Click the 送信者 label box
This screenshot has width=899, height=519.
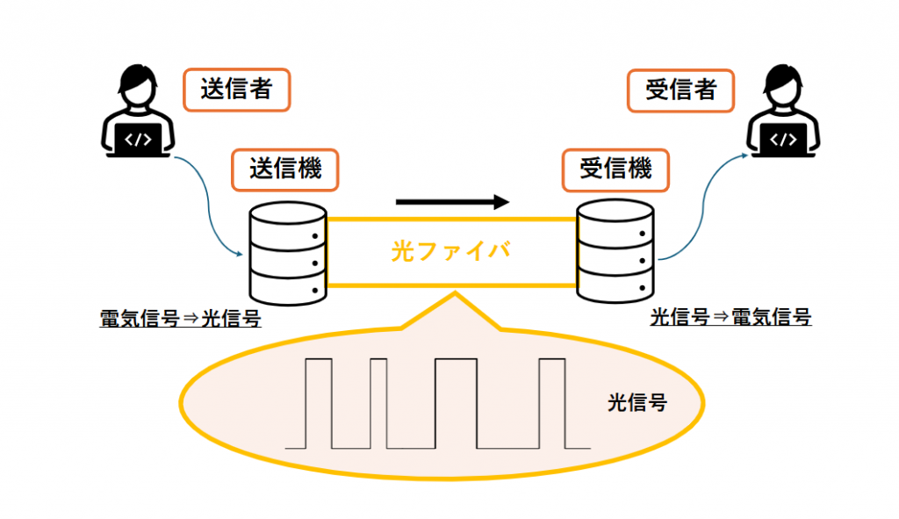235,90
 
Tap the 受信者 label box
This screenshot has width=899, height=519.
680,90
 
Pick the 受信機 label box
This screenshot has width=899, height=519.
615,168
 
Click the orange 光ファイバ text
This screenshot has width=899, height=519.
450,251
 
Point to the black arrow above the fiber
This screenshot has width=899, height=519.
452,202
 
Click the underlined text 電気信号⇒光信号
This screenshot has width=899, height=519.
181,318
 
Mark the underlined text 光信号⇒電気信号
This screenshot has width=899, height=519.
730,318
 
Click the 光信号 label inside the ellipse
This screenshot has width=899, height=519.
636,403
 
